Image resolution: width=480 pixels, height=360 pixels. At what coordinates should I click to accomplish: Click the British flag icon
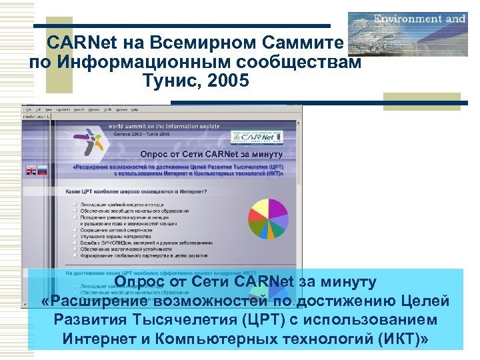[x=31, y=171]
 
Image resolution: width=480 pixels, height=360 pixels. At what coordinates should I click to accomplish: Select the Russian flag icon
[x=42, y=171]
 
